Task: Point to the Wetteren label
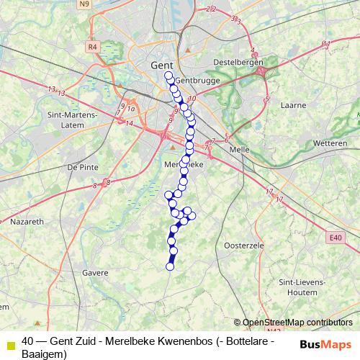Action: pyautogui.click(x=330, y=143)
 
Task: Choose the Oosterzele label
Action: pyautogui.click(x=246, y=246)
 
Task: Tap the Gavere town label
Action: pyautogui.click(x=95, y=273)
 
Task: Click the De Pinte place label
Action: pyautogui.click(x=81, y=166)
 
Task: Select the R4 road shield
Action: pyautogui.click(x=91, y=47)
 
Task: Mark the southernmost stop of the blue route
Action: pyautogui.click(x=170, y=267)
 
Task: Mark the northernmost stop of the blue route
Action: pyautogui.click(x=168, y=75)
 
